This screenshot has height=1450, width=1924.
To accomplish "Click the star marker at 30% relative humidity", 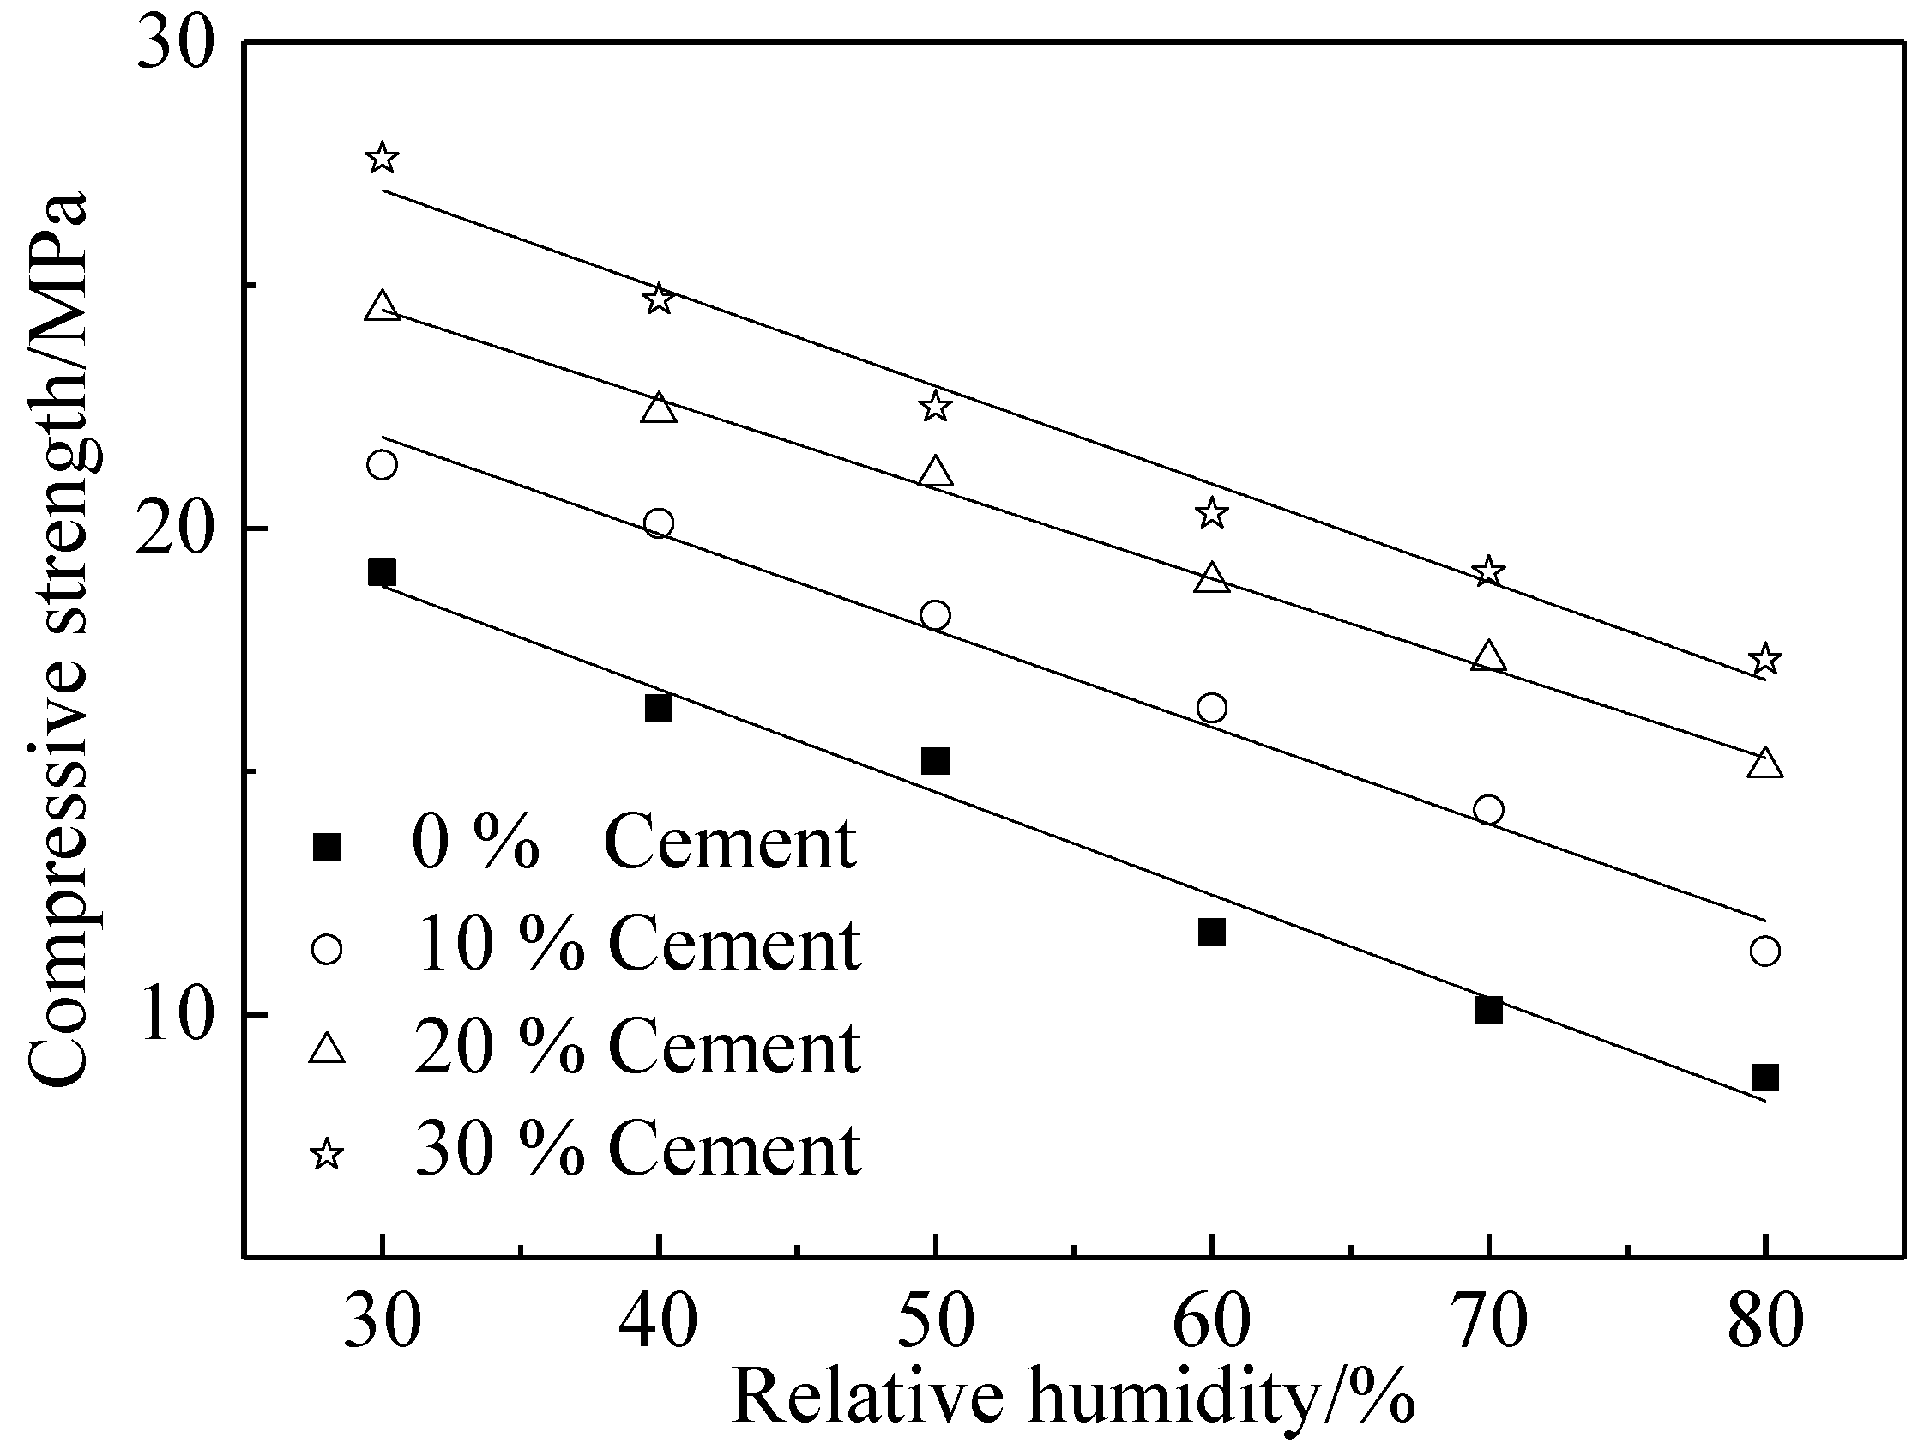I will coord(382,159).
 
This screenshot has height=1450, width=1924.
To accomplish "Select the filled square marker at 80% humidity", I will coord(1764,1078).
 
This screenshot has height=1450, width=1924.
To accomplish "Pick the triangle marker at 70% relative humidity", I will coord(1488,656).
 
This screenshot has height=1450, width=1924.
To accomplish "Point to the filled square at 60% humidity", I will coord(1212,932).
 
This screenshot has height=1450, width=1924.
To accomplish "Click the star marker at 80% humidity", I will coord(1764,659).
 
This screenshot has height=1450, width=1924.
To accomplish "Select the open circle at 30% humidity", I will coord(382,464).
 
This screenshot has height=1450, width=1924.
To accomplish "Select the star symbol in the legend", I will coord(327,1155).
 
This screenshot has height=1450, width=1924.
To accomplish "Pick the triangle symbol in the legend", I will coord(327,1049).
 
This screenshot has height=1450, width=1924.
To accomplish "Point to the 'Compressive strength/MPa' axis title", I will coord(59,639).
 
